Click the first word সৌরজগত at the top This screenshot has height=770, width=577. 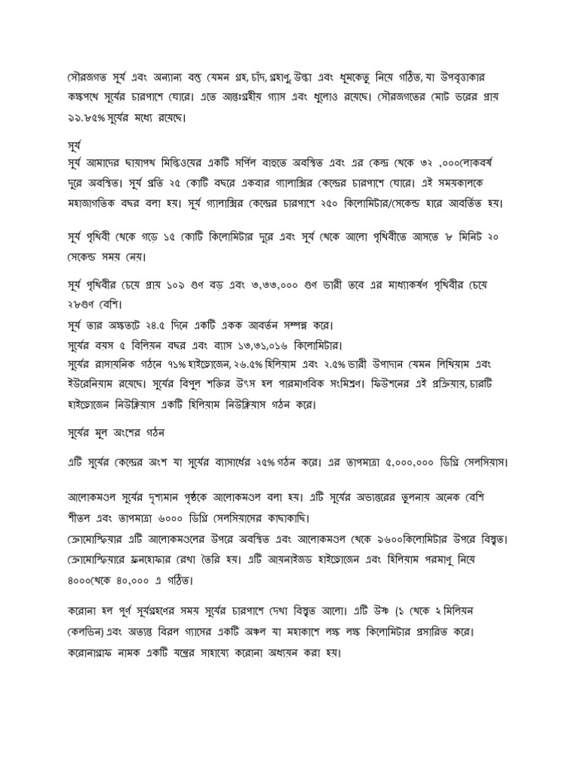click(x=86, y=76)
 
